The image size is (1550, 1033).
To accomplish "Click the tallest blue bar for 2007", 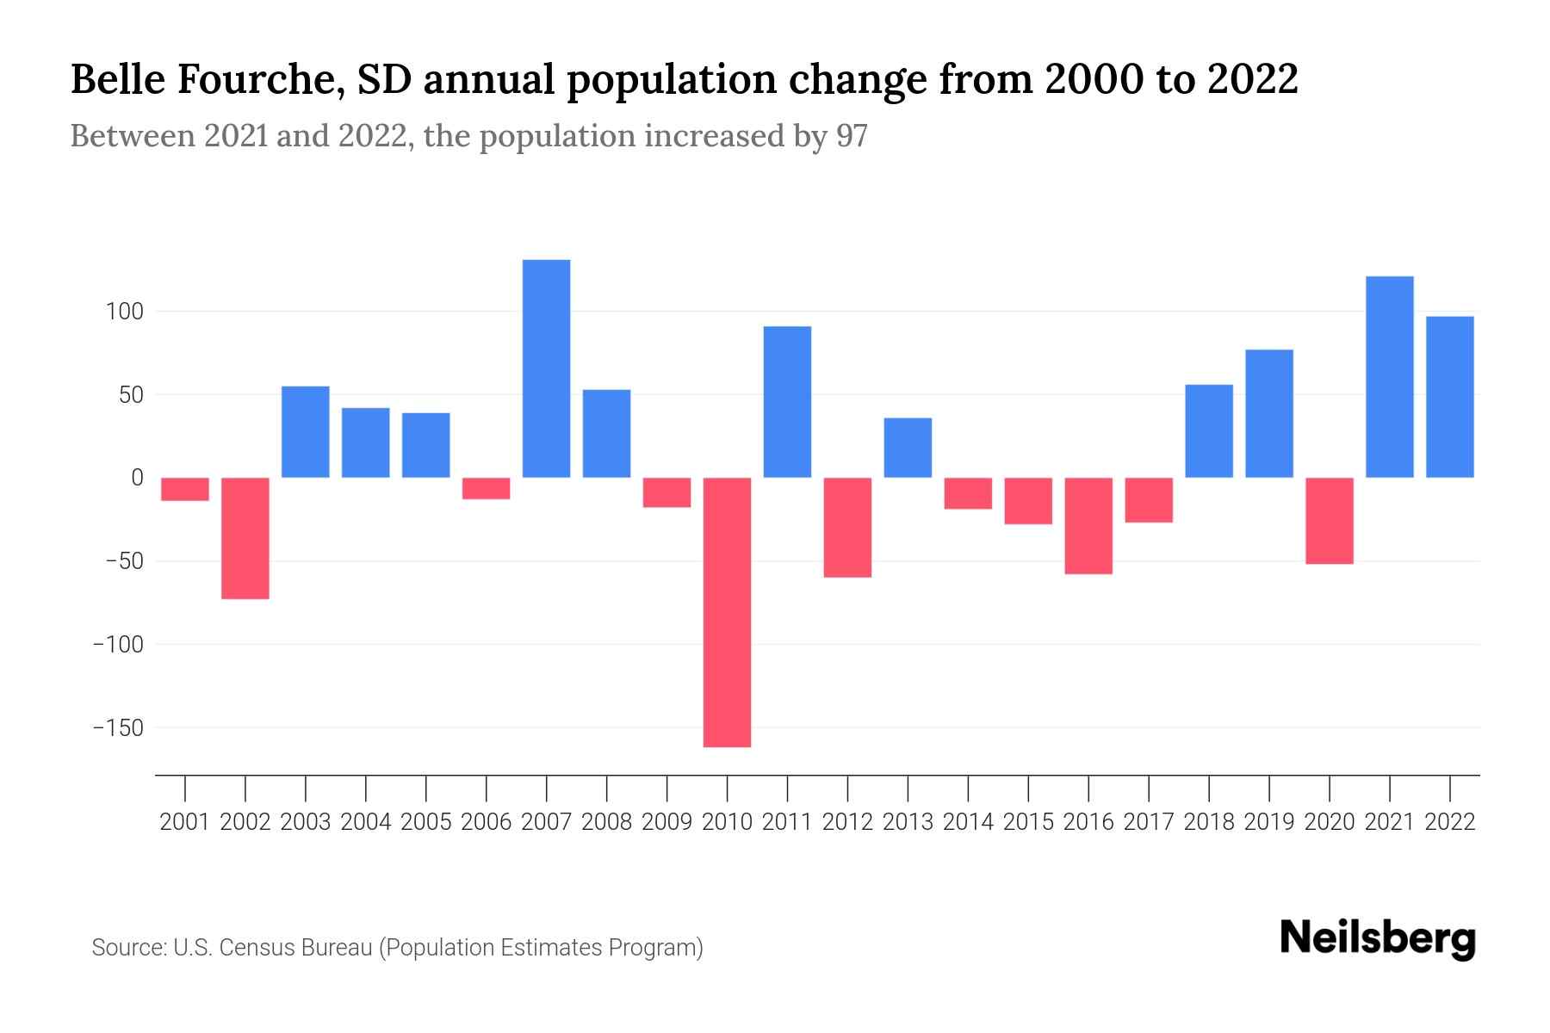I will pyautogui.click(x=546, y=368).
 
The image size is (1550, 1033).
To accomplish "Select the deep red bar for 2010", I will pyautogui.click(x=727, y=612).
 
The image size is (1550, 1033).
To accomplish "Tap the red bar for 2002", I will pyautogui.click(x=245, y=538).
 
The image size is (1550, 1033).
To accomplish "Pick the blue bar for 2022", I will pyautogui.click(x=1449, y=397).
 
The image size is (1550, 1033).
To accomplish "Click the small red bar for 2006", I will pyautogui.click(x=486, y=488).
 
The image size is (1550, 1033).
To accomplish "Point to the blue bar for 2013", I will pyautogui.click(x=908, y=448).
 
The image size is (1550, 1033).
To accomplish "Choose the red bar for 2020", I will pyautogui.click(x=1329, y=521).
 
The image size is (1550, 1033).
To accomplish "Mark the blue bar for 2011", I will pyautogui.click(x=787, y=402).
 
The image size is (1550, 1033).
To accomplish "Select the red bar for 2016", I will pyautogui.click(x=1088, y=526).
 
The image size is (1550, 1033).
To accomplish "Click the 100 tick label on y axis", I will pyautogui.click(x=124, y=312).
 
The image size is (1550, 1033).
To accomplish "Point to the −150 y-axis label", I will pyautogui.click(x=118, y=728).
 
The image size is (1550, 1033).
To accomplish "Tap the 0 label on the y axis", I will pyautogui.click(x=137, y=478).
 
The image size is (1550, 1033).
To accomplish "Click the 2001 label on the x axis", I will pyautogui.click(x=185, y=822).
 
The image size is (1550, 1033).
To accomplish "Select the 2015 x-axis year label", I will pyautogui.click(x=1028, y=822).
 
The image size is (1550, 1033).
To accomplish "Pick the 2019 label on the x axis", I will pyautogui.click(x=1268, y=822).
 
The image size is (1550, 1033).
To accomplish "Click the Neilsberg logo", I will pyautogui.click(x=1378, y=938).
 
